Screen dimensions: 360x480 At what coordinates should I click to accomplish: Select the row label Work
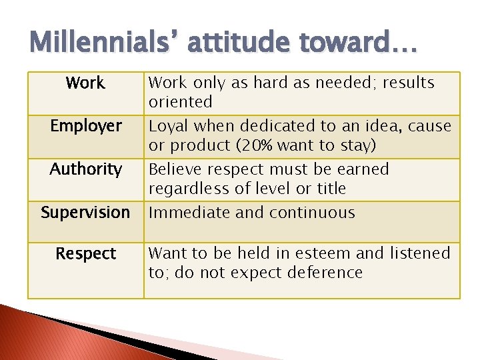click(x=85, y=83)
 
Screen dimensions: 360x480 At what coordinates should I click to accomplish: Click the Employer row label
click(x=86, y=126)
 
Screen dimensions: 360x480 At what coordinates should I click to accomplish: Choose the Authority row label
click(x=86, y=169)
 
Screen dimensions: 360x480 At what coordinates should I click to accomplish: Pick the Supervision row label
click(x=85, y=213)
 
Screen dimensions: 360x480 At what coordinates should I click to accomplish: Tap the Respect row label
click(x=86, y=254)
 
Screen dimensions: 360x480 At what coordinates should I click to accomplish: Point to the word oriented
click(x=180, y=102)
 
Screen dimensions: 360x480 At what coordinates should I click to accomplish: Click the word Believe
click(x=175, y=169)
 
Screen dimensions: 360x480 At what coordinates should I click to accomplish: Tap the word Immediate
click(x=186, y=213)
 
